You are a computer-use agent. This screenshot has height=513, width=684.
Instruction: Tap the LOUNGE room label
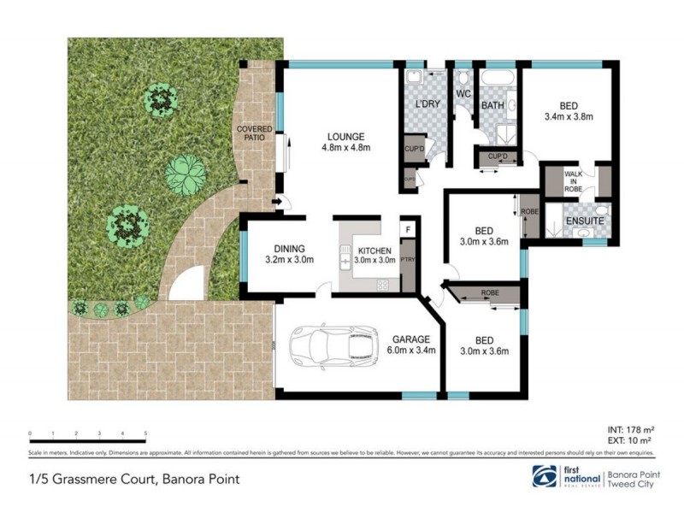345,137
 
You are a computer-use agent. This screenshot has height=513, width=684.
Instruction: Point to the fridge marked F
408,230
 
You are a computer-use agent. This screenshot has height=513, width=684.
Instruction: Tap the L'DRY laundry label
426,105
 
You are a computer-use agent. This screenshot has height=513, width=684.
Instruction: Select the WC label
464,93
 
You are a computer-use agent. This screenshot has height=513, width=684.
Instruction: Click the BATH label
492,106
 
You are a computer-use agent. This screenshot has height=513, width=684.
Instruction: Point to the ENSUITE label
586,221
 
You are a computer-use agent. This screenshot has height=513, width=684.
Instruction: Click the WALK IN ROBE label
573,182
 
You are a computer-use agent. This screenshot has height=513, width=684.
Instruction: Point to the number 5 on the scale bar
146,433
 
